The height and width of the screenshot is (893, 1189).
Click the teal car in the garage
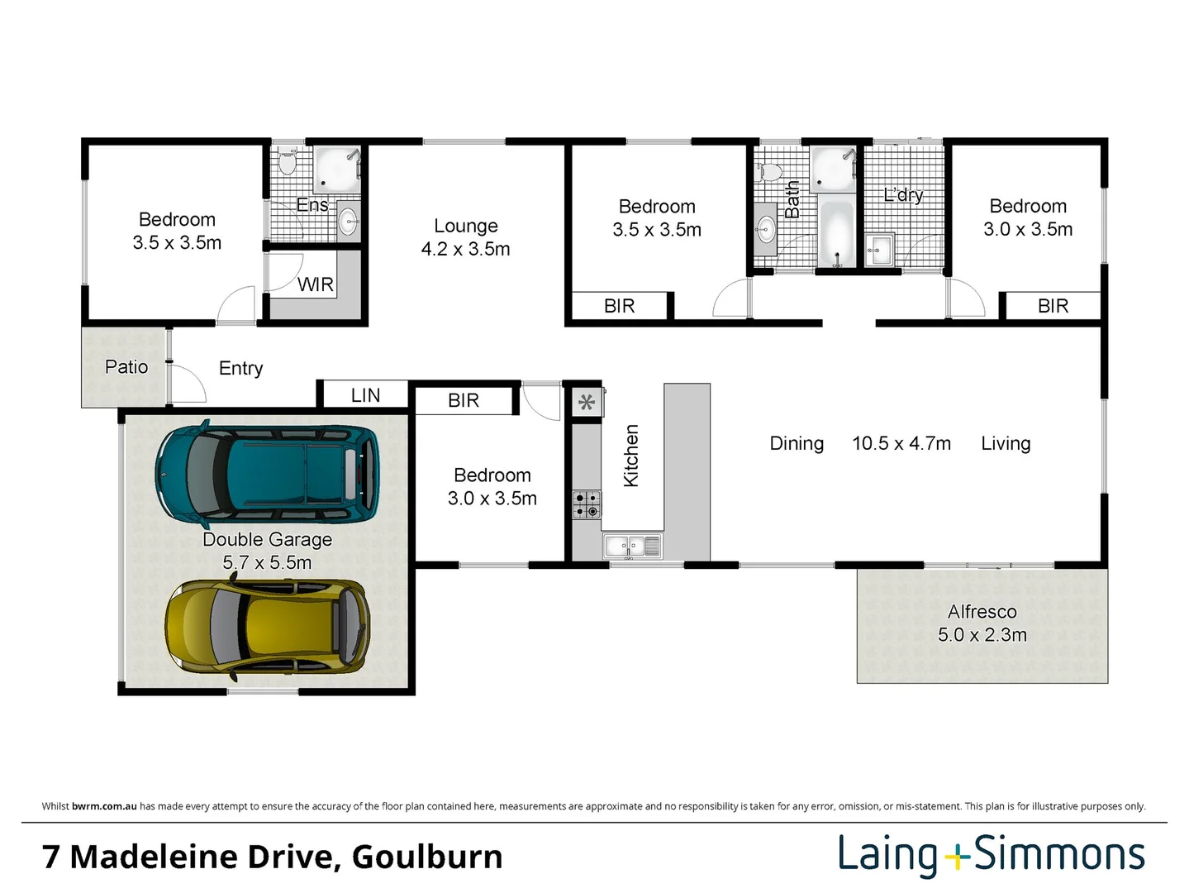click(x=267, y=473)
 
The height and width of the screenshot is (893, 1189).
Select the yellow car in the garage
click(x=268, y=627)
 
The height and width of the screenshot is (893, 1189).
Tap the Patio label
click(x=126, y=367)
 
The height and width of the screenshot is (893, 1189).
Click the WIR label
click(x=316, y=284)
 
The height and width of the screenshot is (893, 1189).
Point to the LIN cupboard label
click(x=366, y=395)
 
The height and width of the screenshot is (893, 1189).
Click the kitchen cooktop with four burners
click(x=587, y=504)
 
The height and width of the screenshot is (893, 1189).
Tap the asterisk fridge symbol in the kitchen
click(x=587, y=402)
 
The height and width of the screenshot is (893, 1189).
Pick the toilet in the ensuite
click(x=287, y=161)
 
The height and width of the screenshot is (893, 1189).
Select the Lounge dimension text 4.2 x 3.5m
click(x=465, y=249)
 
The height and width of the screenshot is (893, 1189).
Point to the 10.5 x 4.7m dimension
click(x=901, y=444)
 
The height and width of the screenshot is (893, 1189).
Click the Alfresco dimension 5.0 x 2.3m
click(x=982, y=634)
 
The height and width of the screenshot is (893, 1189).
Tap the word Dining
click(x=797, y=444)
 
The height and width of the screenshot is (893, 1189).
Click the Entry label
click(x=241, y=369)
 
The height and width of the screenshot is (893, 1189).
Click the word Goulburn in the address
click(x=427, y=857)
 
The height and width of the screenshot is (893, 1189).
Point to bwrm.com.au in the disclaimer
click(x=104, y=806)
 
